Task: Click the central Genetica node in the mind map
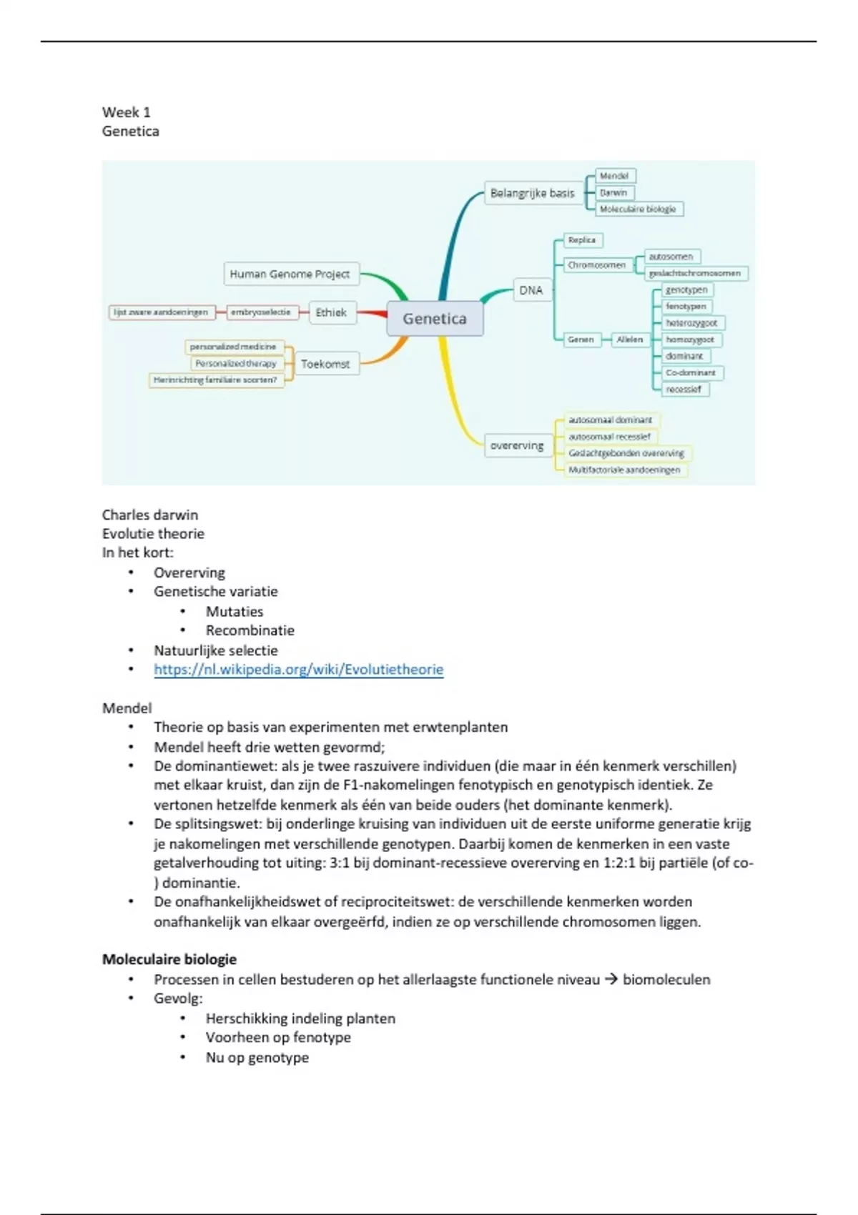click(435, 319)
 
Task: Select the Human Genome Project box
click(290, 274)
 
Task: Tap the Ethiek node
click(331, 312)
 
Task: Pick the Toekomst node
click(325, 364)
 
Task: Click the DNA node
click(531, 290)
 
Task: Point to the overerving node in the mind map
click(517, 445)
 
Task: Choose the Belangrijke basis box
click(532, 193)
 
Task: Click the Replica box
click(582, 240)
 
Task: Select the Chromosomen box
click(596, 265)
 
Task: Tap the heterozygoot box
click(691, 323)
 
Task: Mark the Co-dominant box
click(690, 372)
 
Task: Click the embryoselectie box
click(260, 312)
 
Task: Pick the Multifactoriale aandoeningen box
click(624, 470)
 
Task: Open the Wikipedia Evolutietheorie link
click(298, 670)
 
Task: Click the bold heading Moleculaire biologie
click(169, 959)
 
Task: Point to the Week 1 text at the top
click(126, 112)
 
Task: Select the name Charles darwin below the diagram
click(150, 515)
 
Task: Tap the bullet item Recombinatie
click(250, 630)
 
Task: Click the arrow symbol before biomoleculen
click(611, 979)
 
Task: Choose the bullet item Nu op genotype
click(257, 1057)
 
